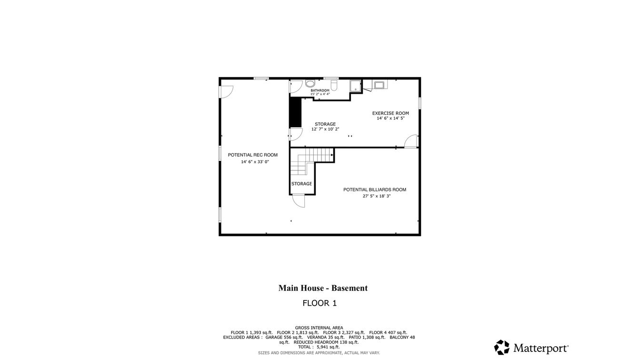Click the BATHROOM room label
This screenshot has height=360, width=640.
point(320,90)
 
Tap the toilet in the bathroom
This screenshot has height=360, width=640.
point(334,85)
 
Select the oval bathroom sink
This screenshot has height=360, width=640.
point(310,84)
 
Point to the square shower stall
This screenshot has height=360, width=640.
point(355,86)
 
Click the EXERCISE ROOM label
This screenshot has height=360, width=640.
point(390,113)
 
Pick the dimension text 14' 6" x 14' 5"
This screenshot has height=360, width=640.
point(390,118)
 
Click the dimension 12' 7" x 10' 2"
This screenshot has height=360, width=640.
point(325,129)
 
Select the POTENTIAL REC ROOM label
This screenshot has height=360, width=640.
point(252,155)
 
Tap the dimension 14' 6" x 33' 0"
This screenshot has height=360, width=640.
point(255,162)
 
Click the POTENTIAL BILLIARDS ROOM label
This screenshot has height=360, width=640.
point(375,190)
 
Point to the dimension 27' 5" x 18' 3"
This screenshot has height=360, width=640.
point(377,196)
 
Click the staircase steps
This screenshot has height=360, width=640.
point(312,161)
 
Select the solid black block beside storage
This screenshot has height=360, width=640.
point(295,112)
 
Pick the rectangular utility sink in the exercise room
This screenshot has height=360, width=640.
point(380,85)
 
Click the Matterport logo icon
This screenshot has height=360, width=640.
point(502,347)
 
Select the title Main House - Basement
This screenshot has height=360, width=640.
point(323,288)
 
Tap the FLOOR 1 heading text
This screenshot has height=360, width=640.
point(320,303)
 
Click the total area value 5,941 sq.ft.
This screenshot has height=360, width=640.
point(328,347)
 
